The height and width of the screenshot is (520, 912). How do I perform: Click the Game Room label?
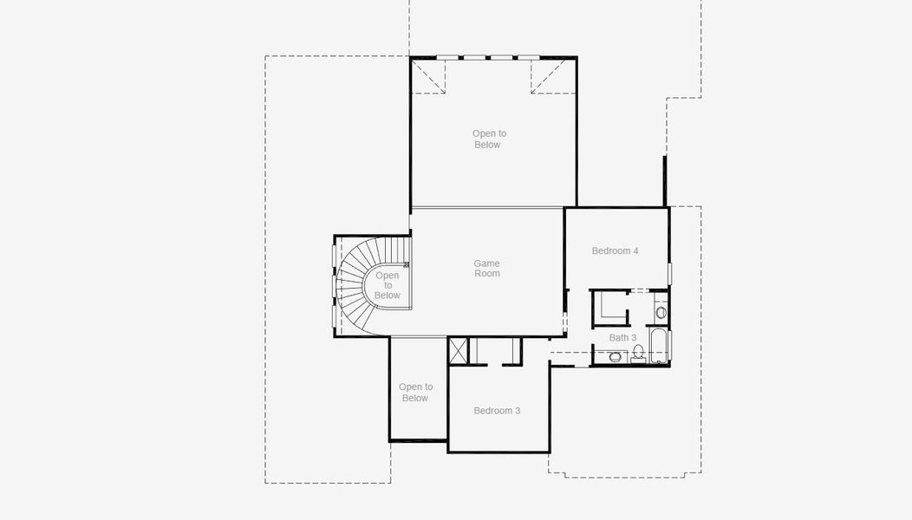pyautogui.click(x=487, y=268)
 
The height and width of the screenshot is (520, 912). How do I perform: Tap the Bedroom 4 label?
pyautogui.click(x=615, y=250)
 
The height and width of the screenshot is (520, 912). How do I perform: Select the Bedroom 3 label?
pyautogui.click(x=497, y=411)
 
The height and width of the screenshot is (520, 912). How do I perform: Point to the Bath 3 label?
pyautogui.click(x=622, y=337)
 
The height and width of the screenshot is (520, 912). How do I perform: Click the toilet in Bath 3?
pyautogui.click(x=638, y=354)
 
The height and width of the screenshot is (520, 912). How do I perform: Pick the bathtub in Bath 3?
pyautogui.click(x=659, y=346)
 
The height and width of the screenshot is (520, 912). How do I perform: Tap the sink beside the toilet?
pyautogui.click(x=615, y=356)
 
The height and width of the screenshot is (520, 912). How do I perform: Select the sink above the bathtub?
pyautogui.click(x=661, y=312)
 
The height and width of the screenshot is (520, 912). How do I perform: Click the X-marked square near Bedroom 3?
pyautogui.click(x=458, y=351)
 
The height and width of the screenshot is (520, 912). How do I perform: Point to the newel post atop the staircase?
pyautogui.click(x=407, y=264)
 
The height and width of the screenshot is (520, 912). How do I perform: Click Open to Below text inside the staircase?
pyautogui.click(x=388, y=285)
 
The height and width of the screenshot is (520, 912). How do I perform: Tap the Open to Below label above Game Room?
pyautogui.click(x=489, y=139)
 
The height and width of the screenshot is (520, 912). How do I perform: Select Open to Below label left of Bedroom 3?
pyautogui.click(x=415, y=392)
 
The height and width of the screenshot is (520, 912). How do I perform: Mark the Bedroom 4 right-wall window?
pyautogui.click(x=670, y=273)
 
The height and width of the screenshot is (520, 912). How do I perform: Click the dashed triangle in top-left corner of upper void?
pyautogui.click(x=428, y=76)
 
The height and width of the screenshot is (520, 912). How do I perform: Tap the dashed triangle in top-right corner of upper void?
pyautogui.click(x=549, y=76)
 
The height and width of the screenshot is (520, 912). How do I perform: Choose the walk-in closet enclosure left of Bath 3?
pyautogui.click(x=609, y=309)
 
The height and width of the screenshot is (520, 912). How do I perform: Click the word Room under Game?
pyautogui.click(x=487, y=273)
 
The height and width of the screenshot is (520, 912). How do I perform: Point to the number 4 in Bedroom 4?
pyautogui.click(x=635, y=250)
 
